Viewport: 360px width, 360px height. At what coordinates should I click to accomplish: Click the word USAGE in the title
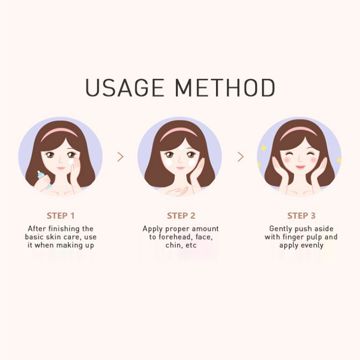pos(125,88)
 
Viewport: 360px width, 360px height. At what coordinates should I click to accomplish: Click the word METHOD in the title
pos(225,88)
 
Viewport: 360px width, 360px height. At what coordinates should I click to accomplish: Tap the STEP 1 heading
pos(61,216)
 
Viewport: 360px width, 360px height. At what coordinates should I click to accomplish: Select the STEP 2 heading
pos(181,216)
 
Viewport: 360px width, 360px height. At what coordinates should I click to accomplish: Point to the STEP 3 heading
pos(301,216)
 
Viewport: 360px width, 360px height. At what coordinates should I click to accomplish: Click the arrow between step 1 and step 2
pos(121,157)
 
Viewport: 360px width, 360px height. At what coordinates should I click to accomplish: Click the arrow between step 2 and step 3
pos(241,157)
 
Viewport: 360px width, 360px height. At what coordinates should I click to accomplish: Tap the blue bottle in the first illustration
pos(44,179)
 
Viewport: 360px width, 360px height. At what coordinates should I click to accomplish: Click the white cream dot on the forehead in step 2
pos(181,147)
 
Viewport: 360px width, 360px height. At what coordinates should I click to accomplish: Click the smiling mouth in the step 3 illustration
pos(300,167)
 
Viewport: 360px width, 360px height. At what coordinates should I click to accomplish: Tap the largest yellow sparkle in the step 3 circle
pos(263,148)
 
